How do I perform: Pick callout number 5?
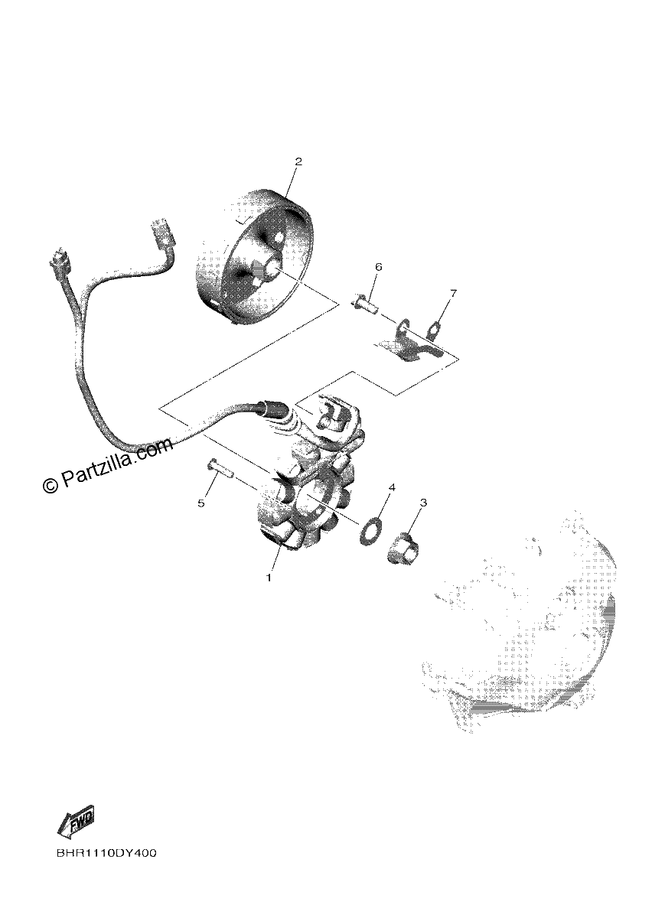pos(201,503)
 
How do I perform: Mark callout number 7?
pos(453,294)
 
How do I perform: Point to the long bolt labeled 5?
pos(220,468)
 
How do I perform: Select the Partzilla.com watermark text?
pos(108,466)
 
